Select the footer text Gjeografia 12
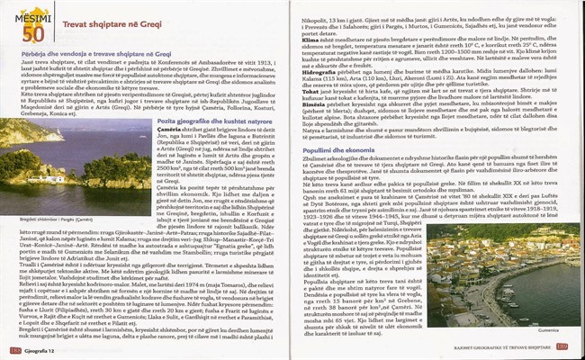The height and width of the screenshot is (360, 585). pos(43,348)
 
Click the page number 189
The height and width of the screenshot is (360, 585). pos(571,347)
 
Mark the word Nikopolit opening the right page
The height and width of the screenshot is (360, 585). pos(317,6)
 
